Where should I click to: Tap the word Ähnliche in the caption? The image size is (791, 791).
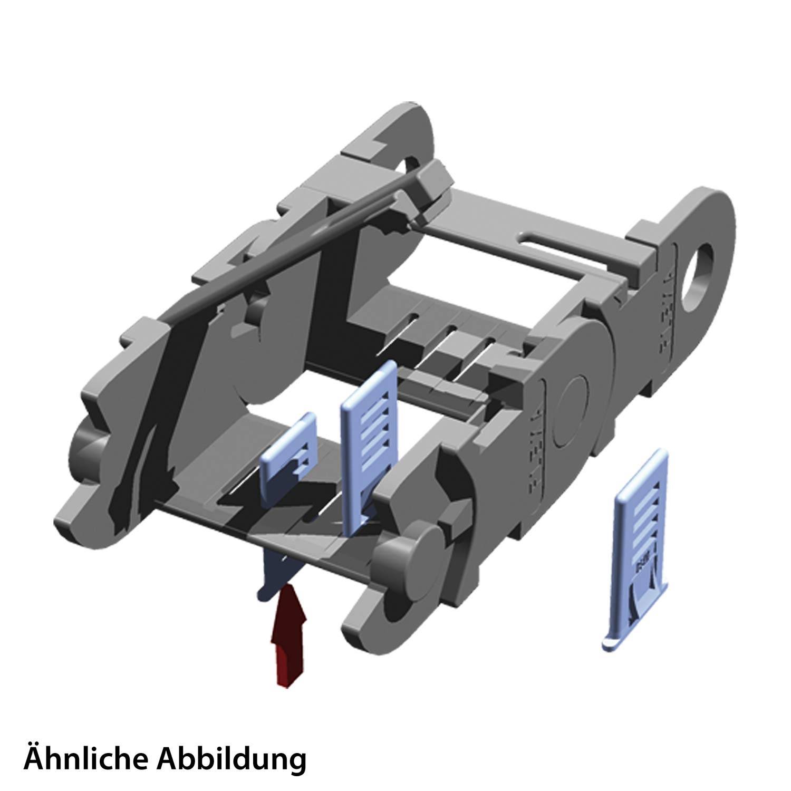84,759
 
